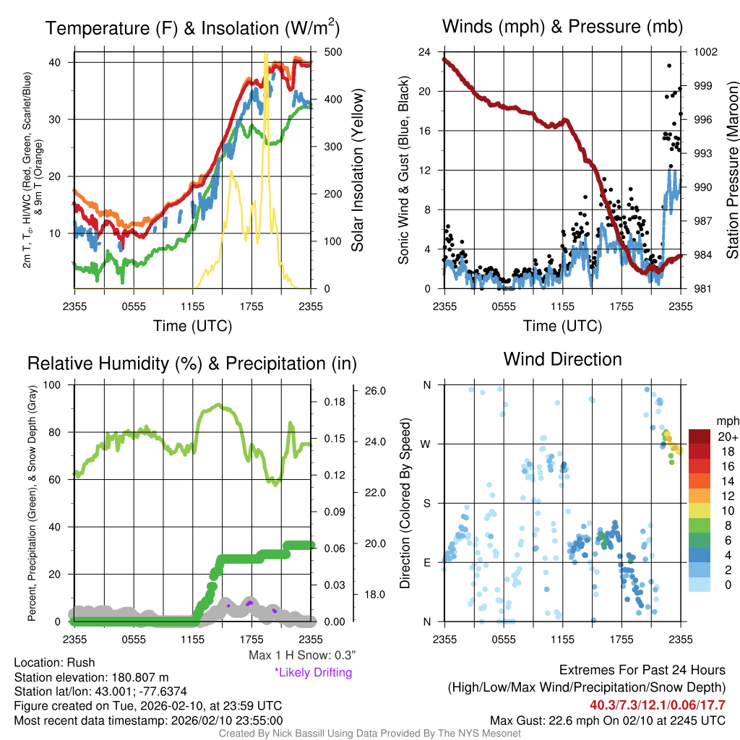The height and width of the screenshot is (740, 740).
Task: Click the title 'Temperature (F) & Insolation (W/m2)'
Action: click(192, 29)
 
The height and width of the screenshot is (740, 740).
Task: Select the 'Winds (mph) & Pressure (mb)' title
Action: click(562, 27)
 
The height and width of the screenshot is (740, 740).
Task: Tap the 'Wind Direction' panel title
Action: click(562, 359)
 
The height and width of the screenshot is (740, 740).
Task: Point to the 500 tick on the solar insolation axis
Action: click(327, 52)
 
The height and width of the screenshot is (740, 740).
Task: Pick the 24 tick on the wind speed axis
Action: click(424, 52)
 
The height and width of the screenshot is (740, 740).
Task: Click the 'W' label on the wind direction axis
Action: click(426, 444)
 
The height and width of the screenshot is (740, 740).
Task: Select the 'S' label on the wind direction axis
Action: click(426, 503)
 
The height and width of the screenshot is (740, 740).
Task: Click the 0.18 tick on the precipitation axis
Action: click(333, 403)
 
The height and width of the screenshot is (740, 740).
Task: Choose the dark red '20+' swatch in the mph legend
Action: click(700, 436)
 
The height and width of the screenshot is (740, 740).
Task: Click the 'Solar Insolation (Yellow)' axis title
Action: click(357, 171)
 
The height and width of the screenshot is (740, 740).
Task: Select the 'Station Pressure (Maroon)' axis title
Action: click(731, 171)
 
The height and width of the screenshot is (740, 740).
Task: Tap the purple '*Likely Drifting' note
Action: click(313, 673)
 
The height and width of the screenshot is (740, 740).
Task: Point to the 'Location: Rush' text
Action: click(54, 663)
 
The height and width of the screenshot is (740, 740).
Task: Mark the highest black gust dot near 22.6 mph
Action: click(669, 66)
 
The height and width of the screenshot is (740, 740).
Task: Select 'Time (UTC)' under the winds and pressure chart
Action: click(562, 326)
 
